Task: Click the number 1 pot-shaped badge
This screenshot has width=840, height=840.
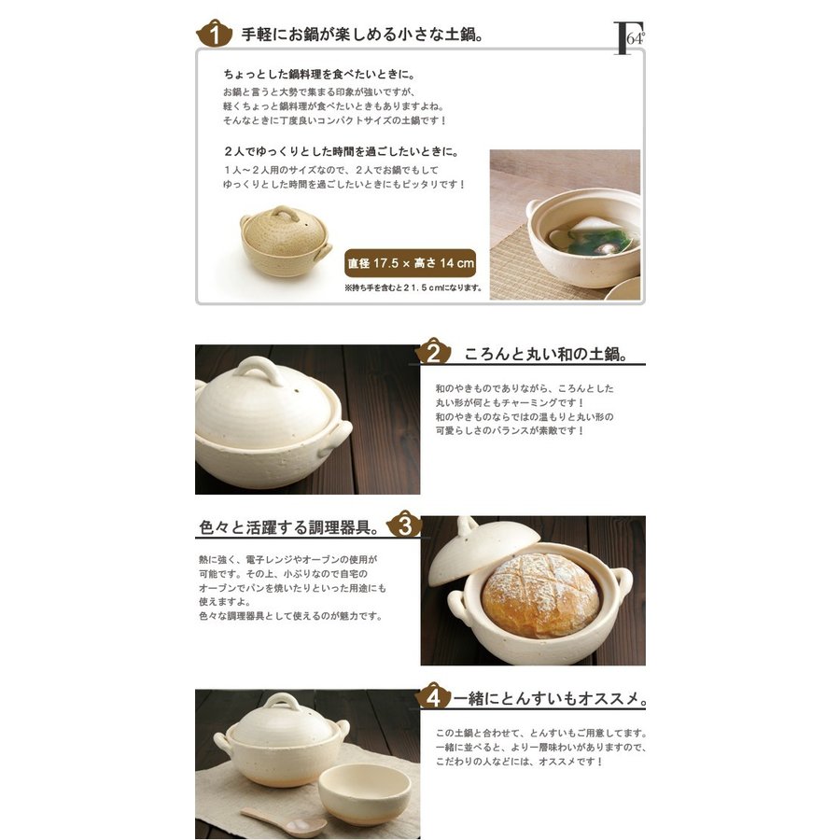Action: click(215, 34)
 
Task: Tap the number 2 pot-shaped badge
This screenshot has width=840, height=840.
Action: click(433, 352)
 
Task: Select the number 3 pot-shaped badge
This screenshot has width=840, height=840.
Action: click(404, 525)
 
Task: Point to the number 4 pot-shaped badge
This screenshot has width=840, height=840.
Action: click(433, 696)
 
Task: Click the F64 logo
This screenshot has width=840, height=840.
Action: click(629, 38)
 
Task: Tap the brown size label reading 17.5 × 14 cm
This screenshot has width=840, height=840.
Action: click(410, 263)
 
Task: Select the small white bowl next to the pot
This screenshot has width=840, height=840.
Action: click(364, 794)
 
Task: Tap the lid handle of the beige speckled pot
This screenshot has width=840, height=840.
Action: click(285, 214)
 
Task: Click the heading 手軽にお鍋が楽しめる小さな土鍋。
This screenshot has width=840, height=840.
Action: click(363, 35)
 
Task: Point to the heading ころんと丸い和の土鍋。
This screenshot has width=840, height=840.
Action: click(546, 354)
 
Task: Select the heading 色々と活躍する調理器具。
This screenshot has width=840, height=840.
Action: click(290, 527)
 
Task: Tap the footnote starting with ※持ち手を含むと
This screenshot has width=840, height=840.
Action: click(413, 287)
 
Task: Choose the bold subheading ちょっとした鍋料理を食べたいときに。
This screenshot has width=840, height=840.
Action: click(319, 74)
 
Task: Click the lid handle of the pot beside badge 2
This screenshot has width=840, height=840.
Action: click(259, 370)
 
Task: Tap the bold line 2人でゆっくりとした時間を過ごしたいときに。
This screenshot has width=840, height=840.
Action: click(342, 151)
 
